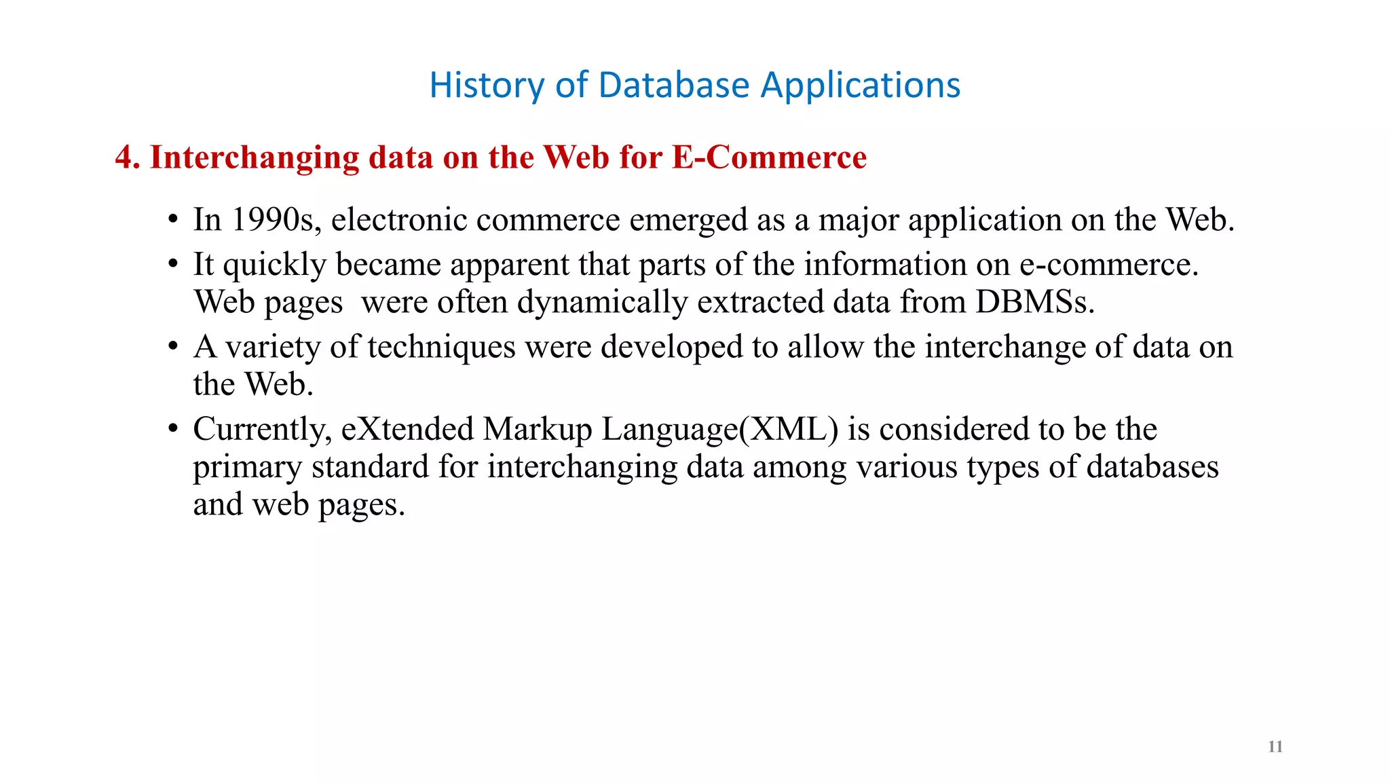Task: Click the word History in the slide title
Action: coord(487,86)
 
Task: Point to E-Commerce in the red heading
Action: coord(769,157)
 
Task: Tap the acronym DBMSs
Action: coord(1034,302)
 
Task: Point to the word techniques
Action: coord(441,348)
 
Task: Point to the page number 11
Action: coord(1275,747)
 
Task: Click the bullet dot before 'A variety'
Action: coord(174,347)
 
